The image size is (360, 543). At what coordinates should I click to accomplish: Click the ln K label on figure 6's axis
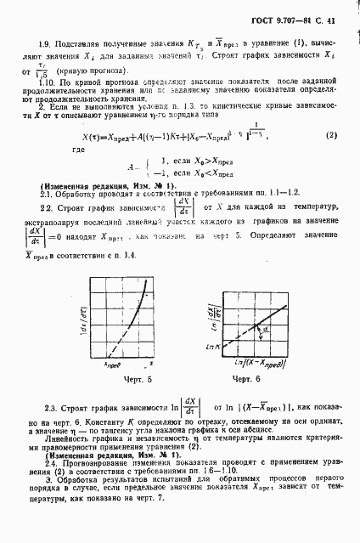click(x=192, y=323)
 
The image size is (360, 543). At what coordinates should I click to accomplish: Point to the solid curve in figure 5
click(x=127, y=288)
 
